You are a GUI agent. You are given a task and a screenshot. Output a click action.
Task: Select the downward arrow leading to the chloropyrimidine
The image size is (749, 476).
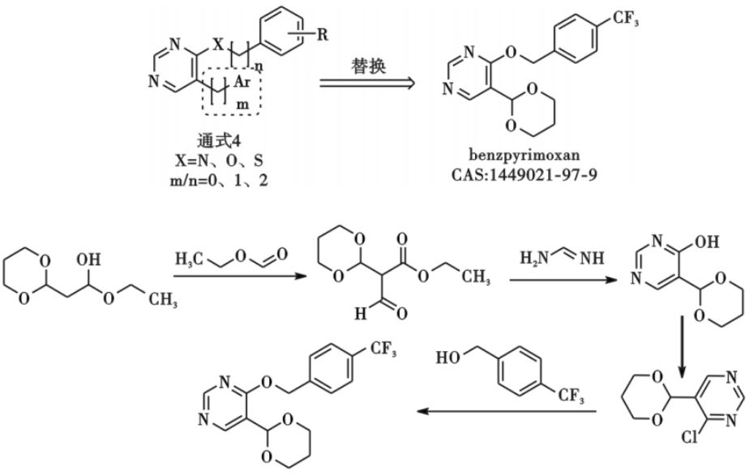tap(682, 341)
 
